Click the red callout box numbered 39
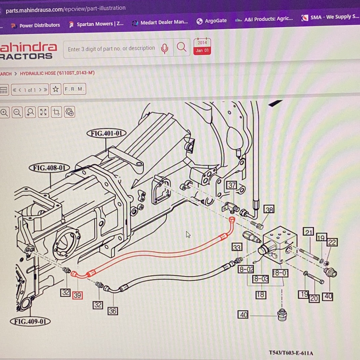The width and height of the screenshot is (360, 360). click(77, 295)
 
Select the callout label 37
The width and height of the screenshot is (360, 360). click(232, 185)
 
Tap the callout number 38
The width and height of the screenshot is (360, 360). click(269, 209)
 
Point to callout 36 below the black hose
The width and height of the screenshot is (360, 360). click(112, 311)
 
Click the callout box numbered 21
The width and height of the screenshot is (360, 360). click(309, 232)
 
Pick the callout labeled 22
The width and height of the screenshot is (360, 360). click(332, 242)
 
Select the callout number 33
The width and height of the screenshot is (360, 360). click(237, 247)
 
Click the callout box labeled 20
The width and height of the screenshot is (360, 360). click(314, 298)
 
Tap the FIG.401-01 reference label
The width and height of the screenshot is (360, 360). click(106, 134)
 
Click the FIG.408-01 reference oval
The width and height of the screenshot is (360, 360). click(49, 168)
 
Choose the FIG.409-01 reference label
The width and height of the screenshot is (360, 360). click(30, 321)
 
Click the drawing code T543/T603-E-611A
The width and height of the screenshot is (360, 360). click(291, 353)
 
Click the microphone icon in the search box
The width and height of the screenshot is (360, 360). click(164, 49)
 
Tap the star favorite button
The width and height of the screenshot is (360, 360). click(56, 89)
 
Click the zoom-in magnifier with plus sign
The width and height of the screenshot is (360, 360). click(4, 113)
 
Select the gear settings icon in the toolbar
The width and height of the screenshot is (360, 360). click(69, 112)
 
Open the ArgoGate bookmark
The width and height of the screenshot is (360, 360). click(212, 21)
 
